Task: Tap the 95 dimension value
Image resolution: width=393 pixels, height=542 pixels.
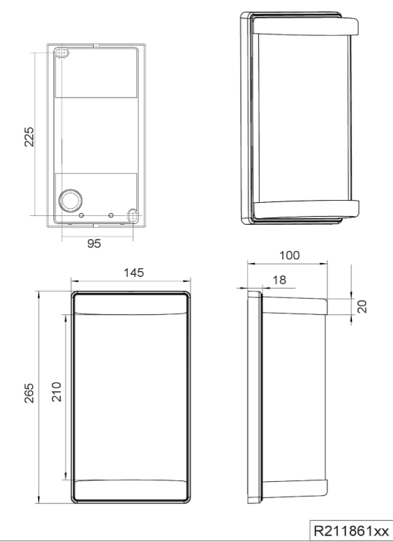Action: click(x=95, y=244)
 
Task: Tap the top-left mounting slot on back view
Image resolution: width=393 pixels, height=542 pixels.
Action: click(x=62, y=53)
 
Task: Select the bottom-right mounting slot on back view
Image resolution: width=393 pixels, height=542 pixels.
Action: click(x=133, y=215)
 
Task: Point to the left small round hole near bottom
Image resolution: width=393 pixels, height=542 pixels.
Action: click(x=82, y=215)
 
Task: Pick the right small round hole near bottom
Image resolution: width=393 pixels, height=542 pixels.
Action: click(x=111, y=215)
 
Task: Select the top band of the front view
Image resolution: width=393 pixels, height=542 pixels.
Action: click(x=131, y=303)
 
